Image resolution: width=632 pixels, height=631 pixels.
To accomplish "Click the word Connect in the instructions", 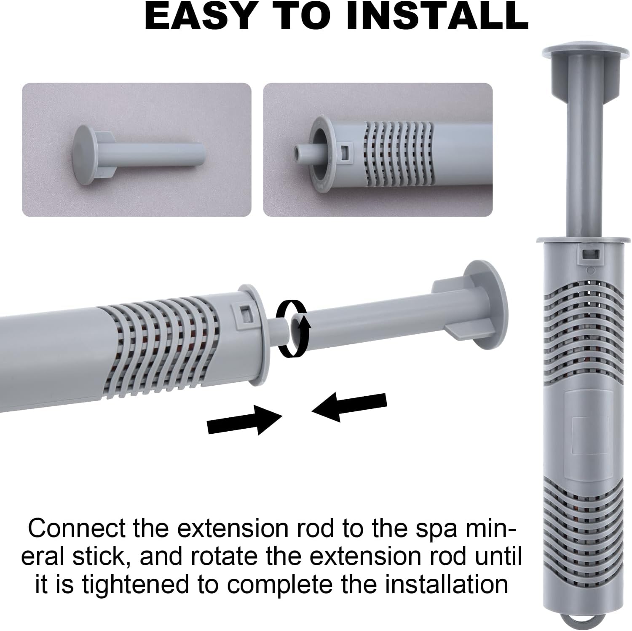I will coord(77,528).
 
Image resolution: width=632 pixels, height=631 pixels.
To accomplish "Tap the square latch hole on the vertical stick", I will coord(590,254).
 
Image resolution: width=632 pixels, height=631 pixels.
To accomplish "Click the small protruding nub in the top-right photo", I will coord(300,150).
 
